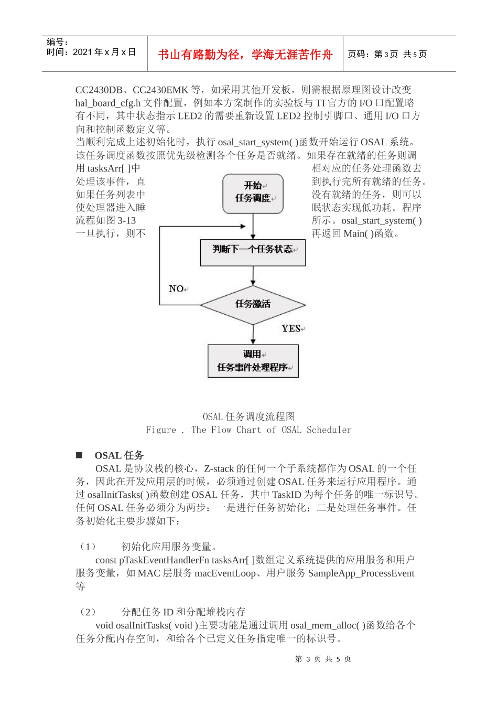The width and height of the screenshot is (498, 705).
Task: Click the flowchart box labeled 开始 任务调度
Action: pyautogui.click(x=253, y=194)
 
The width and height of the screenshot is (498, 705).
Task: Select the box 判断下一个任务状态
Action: pyautogui.click(x=253, y=252)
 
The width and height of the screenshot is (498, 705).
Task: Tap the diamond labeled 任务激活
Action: pyautogui.click(x=253, y=304)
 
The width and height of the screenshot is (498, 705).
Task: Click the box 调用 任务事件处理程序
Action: pyautogui.click(x=253, y=361)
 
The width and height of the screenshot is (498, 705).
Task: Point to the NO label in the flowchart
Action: pyautogui.click(x=177, y=289)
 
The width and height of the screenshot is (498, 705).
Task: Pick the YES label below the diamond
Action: pyautogui.click(x=291, y=329)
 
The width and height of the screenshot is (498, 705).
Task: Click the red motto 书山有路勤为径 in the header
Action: pyautogui.click(x=245, y=55)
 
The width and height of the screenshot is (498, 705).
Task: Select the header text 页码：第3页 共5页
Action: pyautogui.click(x=387, y=55)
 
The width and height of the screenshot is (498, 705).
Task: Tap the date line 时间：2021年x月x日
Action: pyautogui.click(x=91, y=52)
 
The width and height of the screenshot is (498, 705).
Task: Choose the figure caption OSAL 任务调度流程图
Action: pyautogui.click(x=249, y=416)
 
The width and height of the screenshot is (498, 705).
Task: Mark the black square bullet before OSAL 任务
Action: pyautogui.click(x=79, y=455)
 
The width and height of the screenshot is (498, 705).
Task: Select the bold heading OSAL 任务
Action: pyautogui.click(x=119, y=455)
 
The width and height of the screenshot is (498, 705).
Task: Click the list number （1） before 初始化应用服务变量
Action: pyautogui.click(x=87, y=547)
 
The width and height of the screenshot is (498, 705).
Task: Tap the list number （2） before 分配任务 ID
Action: pyautogui.click(x=87, y=612)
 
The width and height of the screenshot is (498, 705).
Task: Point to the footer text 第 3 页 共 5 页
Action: pyautogui.click(x=323, y=659)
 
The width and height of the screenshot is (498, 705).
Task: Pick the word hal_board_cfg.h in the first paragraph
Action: pyautogui.click(x=108, y=103)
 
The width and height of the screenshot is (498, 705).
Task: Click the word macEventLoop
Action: pyautogui.click(x=225, y=573)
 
